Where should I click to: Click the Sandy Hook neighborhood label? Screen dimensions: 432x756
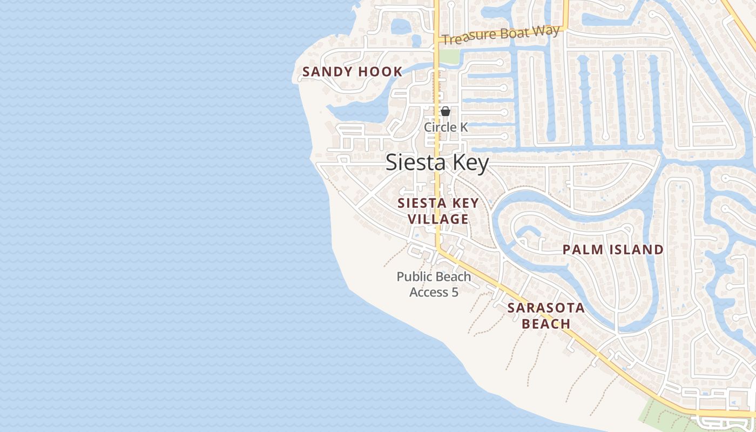(352, 72)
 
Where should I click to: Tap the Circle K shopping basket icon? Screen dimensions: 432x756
(446, 111)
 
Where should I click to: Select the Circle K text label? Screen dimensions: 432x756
(446, 127)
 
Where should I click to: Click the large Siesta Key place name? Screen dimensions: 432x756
(437, 163)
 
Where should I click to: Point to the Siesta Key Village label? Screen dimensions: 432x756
(438, 211)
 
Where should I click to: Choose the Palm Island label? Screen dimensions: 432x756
(613, 249)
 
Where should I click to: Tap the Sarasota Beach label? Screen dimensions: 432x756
(546, 316)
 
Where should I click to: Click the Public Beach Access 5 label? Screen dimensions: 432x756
(434, 285)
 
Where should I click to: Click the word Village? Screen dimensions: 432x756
(438, 219)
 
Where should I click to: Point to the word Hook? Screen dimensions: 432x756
(384, 72)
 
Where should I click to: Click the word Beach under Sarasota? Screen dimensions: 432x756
(546, 324)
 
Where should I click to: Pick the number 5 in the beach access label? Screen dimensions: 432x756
(455, 293)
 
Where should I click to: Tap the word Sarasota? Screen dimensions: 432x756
(546, 308)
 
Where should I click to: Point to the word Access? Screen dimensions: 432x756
(429, 293)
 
